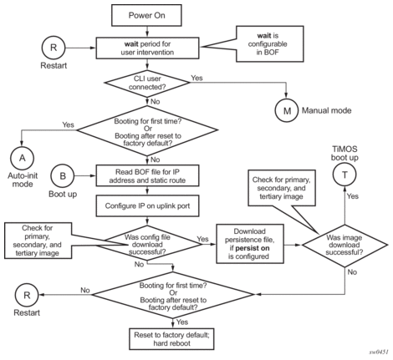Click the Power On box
[146, 15]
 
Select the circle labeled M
[287, 110]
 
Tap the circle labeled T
[345, 175]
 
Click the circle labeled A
[22, 158]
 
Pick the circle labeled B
[63, 176]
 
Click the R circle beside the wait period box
[54, 48]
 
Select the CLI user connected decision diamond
[147, 83]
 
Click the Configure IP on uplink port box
[147, 206]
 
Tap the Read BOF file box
[147, 176]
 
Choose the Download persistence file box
[250, 244]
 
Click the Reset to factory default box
[171, 339]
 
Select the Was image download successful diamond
[345, 245]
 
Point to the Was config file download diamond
[149, 245]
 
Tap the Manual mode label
[326, 110]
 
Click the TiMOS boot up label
[345, 153]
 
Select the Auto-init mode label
[23, 180]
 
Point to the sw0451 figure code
[379, 352]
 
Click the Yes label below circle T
[353, 196]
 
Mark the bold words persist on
[253, 248]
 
